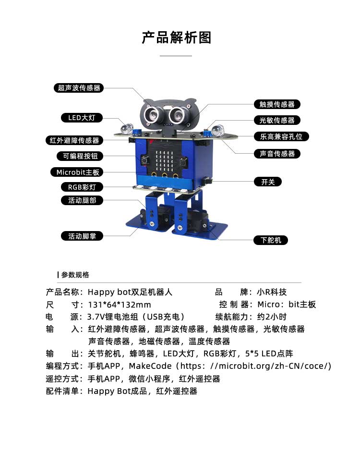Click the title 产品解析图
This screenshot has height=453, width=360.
176,37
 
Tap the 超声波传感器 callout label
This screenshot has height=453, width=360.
79,88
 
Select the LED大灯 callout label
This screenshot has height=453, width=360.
82,118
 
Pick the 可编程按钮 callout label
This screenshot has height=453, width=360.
80,156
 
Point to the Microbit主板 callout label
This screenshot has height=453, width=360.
77,172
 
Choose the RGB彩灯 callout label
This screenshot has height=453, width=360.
82,187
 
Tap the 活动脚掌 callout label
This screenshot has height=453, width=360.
82,236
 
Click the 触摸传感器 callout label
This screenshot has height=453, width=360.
276,104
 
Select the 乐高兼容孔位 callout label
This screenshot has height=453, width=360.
281,136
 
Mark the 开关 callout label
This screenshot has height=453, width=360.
267,182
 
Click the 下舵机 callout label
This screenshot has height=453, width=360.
271,240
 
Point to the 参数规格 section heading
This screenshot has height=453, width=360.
75,275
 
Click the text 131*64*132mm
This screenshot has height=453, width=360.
120,305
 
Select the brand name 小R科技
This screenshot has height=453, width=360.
272,292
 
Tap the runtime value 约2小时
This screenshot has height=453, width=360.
271,317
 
